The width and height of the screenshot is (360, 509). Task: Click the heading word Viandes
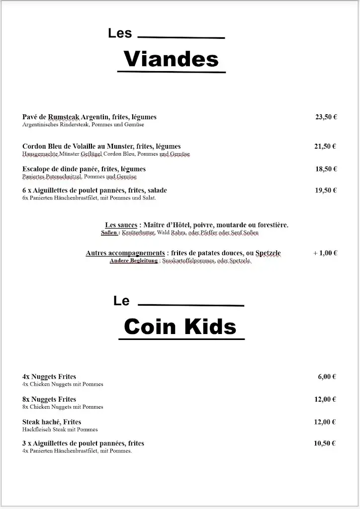click(171, 59)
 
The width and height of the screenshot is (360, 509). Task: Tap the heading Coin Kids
click(180, 327)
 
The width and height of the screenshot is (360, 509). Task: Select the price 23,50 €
click(326, 117)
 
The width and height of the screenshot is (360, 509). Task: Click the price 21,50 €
click(326, 146)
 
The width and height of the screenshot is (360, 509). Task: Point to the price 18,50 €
click(326, 169)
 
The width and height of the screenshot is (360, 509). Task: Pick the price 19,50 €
click(326, 190)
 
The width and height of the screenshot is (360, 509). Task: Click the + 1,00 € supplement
click(326, 253)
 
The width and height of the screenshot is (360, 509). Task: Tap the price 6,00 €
click(327, 377)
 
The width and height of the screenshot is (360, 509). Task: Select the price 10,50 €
click(325, 443)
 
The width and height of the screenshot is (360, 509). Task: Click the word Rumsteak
click(64, 117)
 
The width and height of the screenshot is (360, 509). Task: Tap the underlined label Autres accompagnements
click(125, 254)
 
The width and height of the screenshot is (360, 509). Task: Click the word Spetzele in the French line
click(268, 254)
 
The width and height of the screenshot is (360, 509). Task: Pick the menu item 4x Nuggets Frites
click(49, 377)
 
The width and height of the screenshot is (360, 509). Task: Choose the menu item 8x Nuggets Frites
click(49, 400)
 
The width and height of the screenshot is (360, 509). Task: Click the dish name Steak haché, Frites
click(52, 422)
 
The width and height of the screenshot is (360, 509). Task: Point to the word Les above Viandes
click(120, 33)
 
